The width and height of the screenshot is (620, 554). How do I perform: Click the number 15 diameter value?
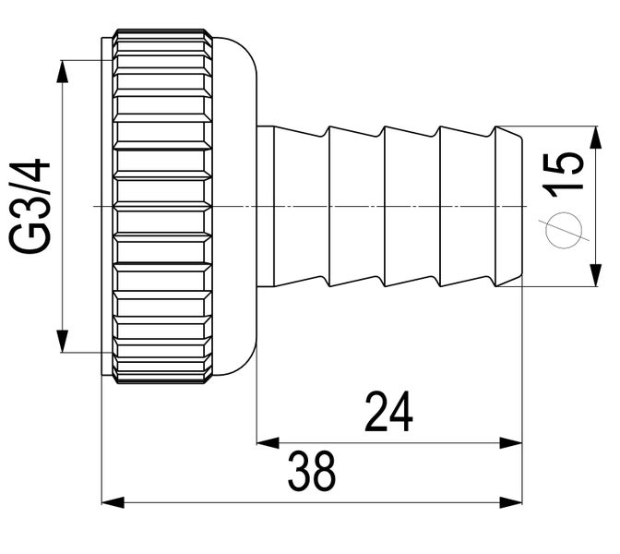tap(564, 173)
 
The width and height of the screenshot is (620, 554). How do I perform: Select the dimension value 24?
tap(388, 413)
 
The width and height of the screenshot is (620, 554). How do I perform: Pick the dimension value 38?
tap(311, 472)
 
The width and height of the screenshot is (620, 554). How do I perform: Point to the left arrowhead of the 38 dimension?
tap(111, 502)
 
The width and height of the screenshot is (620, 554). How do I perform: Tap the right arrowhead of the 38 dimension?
tap(512, 502)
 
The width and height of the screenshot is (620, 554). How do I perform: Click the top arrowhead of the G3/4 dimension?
tap(63, 71)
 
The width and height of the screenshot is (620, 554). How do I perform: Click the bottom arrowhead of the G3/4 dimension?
tap(63, 342)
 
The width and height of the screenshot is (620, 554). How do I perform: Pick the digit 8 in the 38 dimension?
tap(324, 472)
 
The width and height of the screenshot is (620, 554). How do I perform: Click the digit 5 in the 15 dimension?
tap(564, 162)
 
